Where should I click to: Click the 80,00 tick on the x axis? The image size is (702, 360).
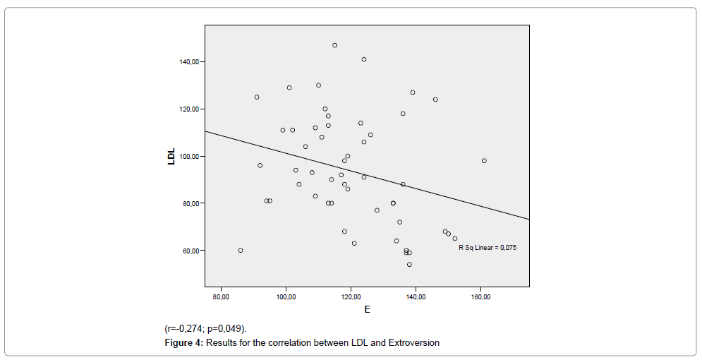tap(221, 296)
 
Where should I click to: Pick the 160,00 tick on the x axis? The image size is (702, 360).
tap(480, 296)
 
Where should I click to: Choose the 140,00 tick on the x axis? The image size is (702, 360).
tap(416, 296)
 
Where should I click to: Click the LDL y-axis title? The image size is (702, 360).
tap(171, 156)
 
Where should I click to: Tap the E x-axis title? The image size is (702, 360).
tap(367, 310)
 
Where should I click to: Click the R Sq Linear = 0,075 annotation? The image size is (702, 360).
tap(488, 248)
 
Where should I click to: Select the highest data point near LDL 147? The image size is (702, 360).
tap(334, 45)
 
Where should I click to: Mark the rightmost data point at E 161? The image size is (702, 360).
tap(484, 161)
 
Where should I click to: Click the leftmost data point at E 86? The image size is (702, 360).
tap(241, 251)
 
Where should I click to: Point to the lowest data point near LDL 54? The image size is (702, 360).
tap(409, 265)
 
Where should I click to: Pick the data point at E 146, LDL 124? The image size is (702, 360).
tap(435, 100)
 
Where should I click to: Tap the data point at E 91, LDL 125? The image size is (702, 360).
tap(257, 97)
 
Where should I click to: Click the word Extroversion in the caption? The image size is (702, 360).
tap(412, 342)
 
